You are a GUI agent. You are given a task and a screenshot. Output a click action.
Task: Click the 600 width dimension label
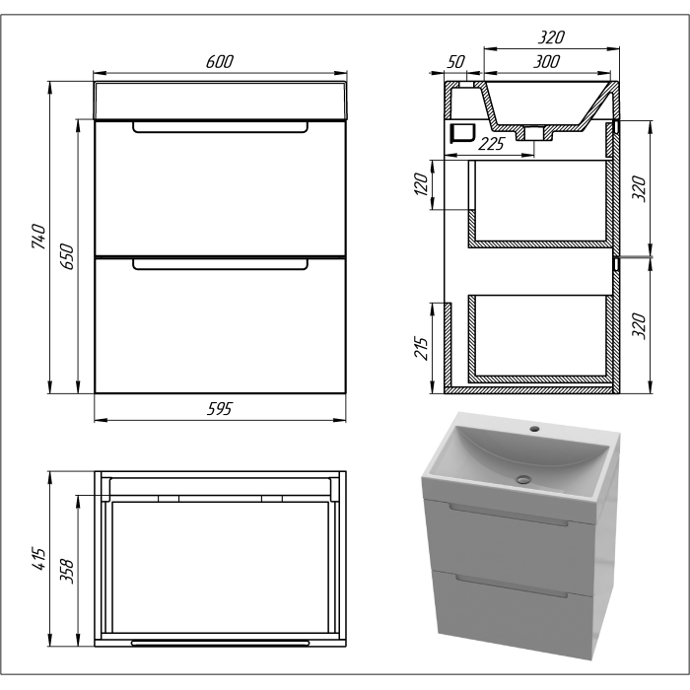[220, 61]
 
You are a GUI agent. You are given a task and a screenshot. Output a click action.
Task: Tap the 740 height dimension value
[38, 237]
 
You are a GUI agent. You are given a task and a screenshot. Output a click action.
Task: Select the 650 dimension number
[67, 256]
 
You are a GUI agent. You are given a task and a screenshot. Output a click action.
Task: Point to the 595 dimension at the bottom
[219, 409]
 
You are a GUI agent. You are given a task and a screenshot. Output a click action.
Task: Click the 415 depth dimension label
[38, 559]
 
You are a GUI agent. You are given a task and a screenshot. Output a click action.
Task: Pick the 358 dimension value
[67, 571]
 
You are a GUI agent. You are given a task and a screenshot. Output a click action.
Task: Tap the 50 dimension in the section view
[455, 62]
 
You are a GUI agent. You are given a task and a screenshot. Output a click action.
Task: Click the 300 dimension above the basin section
[546, 62]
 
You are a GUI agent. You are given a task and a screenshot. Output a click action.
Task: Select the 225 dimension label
[491, 144]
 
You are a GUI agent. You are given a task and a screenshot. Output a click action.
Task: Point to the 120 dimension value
[421, 184]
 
